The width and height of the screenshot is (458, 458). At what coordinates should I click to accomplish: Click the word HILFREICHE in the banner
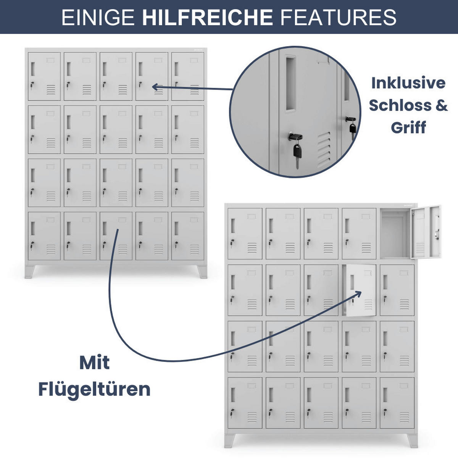(x=207, y=17)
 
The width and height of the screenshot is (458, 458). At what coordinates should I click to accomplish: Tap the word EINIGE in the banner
(x=98, y=17)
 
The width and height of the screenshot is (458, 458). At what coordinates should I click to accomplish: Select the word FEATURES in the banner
(x=339, y=17)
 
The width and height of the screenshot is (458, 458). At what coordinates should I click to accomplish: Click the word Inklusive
(x=408, y=83)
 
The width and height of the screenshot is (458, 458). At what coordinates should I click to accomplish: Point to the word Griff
(x=408, y=127)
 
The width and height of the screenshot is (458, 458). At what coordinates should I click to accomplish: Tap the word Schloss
(x=400, y=105)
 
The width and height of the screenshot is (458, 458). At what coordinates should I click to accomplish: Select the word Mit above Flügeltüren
(x=94, y=363)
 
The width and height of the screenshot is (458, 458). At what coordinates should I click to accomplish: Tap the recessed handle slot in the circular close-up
(x=291, y=84)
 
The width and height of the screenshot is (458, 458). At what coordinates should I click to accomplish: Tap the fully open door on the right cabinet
(x=426, y=232)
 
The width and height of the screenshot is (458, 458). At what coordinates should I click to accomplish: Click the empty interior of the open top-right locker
(x=395, y=234)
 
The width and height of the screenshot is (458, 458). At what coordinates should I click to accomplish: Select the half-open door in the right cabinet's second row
(x=361, y=290)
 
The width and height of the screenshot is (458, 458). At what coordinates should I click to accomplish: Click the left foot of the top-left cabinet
(x=30, y=272)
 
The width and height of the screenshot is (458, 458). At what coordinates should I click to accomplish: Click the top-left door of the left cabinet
(x=44, y=76)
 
